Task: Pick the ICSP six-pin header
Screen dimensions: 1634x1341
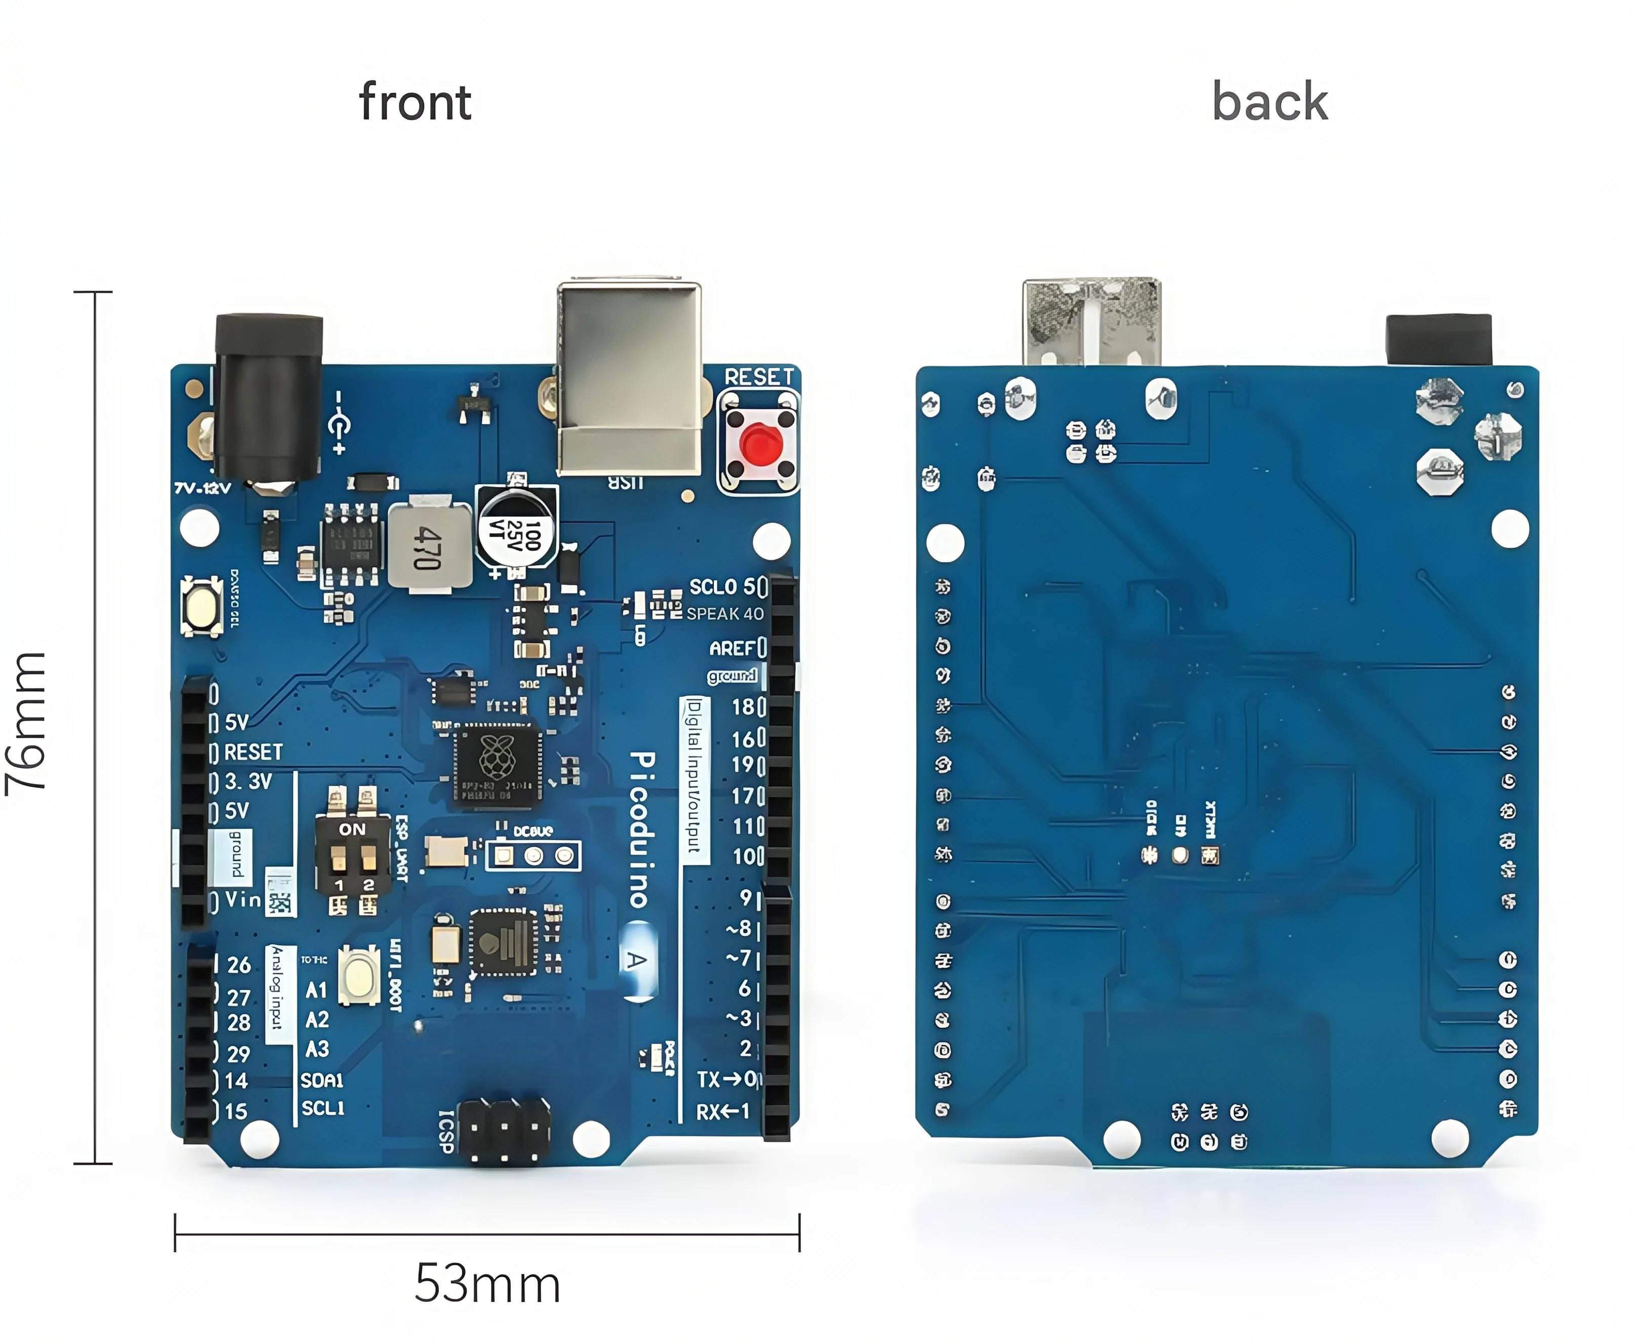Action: pyautogui.click(x=504, y=1133)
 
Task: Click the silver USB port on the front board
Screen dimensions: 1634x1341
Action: pyautogui.click(x=629, y=378)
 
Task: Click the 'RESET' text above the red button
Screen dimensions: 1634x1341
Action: pyautogui.click(x=758, y=377)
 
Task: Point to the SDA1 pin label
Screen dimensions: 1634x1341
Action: pyautogui.click(x=322, y=1079)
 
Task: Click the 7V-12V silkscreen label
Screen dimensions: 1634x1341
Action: pyautogui.click(x=202, y=488)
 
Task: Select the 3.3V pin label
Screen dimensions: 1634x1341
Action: pyautogui.click(x=248, y=782)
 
